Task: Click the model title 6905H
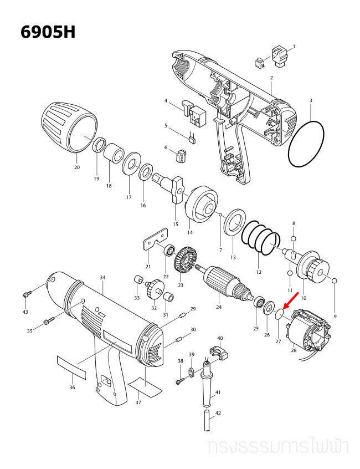[48, 32]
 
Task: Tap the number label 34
[102, 277]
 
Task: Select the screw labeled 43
[28, 292]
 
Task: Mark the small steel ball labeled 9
[335, 281]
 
